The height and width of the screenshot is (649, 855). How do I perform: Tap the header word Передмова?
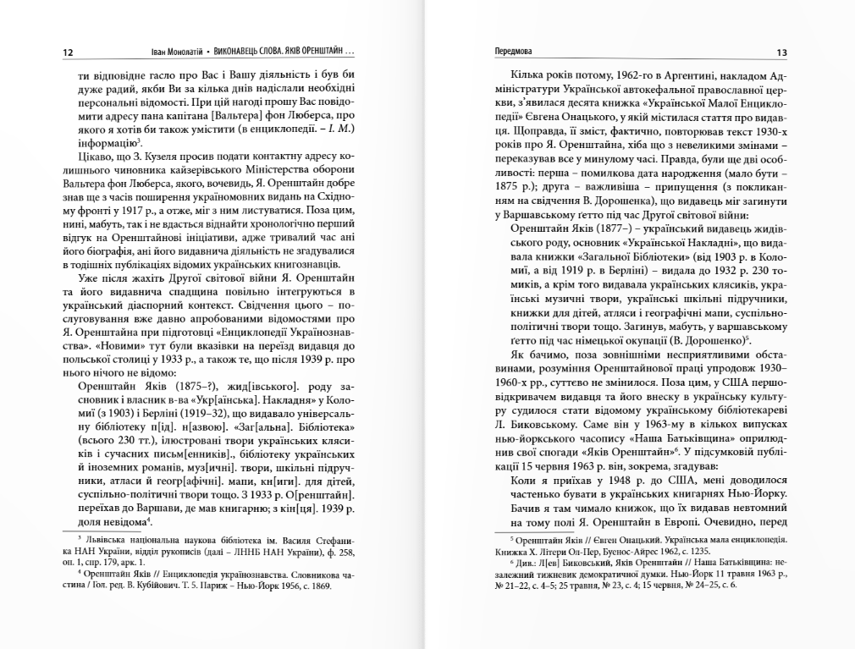point(515,52)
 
